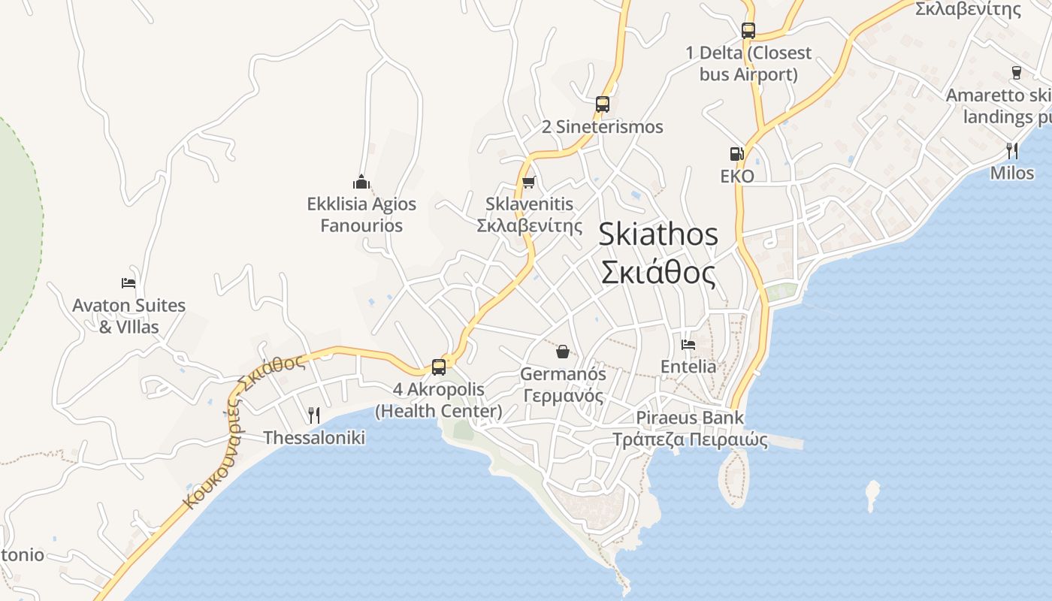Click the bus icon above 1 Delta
click(748, 31)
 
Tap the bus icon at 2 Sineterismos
click(602, 104)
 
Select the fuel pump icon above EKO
click(736, 154)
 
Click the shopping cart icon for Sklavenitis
click(529, 182)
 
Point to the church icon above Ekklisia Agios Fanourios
click(361, 182)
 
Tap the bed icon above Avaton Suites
click(128, 283)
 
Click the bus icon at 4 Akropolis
click(439, 367)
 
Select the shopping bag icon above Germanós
click(563, 351)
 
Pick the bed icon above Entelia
click(688, 345)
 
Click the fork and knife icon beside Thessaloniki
click(314, 415)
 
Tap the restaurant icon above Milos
click(1012, 151)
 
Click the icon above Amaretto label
click(1016, 73)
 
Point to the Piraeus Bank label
click(690, 418)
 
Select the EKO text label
click(736, 177)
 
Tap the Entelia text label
click(688, 367)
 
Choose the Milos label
click(1012, 173)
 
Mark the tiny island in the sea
click(872, 496)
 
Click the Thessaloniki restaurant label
click(314, 437)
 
